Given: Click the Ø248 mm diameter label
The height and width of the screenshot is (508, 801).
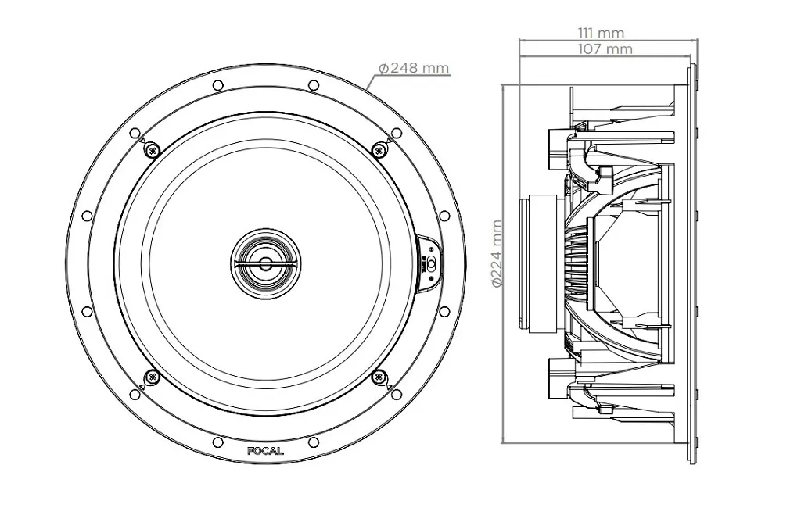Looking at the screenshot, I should click(x=414, y=68).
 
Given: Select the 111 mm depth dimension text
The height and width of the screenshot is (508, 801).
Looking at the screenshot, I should click(x=601, y=33).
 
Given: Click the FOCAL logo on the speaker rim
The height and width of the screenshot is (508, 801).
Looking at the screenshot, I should click(x=265, y=451).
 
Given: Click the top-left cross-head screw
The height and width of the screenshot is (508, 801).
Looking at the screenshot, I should click(x=152, y=148).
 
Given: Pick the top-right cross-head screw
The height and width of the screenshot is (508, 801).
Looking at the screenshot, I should click(x=379, y=148).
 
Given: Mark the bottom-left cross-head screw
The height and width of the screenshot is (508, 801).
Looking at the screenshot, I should click(x=152, y=377).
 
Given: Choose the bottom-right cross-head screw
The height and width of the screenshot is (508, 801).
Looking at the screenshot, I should click(x=379, y=377).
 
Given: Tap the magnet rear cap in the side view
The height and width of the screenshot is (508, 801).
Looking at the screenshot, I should click(x=540, y=263).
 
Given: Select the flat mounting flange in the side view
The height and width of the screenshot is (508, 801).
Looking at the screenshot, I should click(x=690, y=263).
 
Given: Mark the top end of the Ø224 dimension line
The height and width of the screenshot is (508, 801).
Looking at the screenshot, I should click(x=505, y=85).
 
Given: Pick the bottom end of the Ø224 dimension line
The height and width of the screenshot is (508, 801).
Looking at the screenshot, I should click(x=505, y=442).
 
